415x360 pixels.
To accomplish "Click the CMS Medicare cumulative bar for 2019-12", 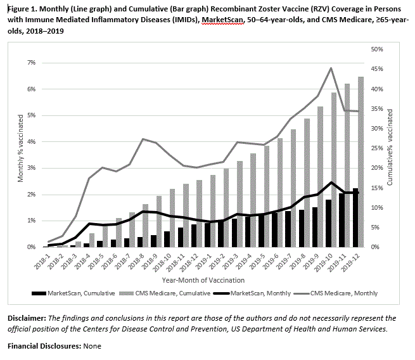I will click(x=361, y=162).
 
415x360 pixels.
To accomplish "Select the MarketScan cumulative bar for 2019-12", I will click(x=355, y=217).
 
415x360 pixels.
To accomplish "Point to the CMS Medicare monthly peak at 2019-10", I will click(x=330, y=68).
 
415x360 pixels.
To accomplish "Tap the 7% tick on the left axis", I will click(x=31, y=63).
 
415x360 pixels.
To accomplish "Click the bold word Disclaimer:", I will click(x=28, y=318).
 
